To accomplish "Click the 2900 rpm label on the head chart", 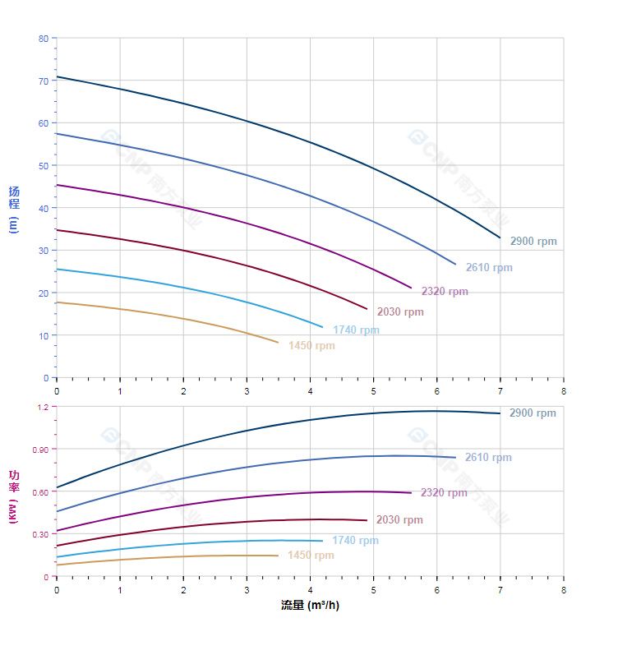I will point(533,242).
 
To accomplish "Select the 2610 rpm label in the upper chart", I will point(489,268).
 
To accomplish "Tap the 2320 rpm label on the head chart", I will point(445,292).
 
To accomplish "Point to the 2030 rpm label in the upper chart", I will point(400,312).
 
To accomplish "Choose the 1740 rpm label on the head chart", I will point(356,330).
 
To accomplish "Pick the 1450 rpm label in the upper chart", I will point(311,346).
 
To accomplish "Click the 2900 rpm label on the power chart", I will point(533,413).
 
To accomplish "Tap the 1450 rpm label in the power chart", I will point(311,556).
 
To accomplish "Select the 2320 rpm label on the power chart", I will point(444,493).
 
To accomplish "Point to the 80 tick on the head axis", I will point(44,39).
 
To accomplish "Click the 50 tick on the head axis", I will point(44,166).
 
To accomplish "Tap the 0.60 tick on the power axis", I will point(40,492).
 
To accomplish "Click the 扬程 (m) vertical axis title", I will point(14,209).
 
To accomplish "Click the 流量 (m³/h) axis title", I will point(310,606).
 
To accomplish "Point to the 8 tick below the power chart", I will point(564,590).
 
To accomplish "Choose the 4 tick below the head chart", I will point(310,391).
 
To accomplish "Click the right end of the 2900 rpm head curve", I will point(500,238).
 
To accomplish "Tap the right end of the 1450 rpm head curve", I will point(278,342).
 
